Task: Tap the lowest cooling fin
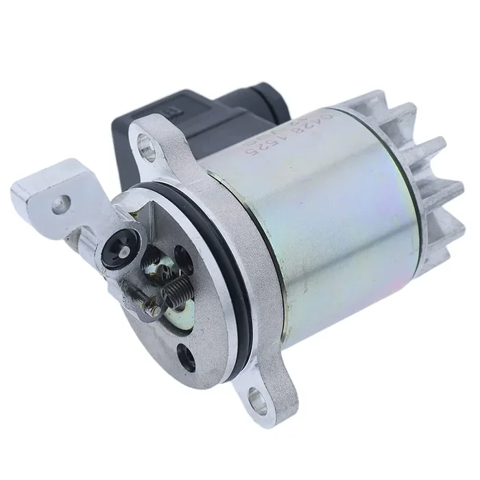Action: [439, 233]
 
